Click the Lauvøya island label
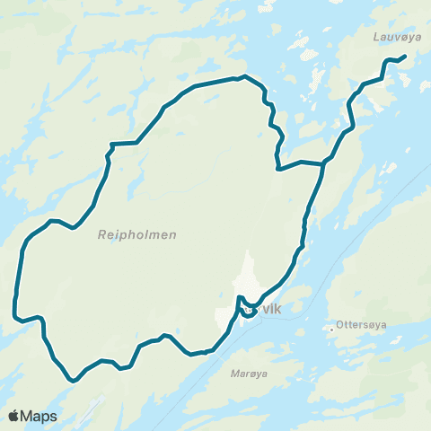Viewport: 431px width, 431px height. coord(391,38)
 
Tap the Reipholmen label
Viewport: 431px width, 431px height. coord(136,235)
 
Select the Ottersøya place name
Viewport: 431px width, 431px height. coord(360,325)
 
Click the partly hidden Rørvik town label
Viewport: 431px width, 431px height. coord(264,309)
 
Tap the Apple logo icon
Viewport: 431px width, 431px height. coord(13,416)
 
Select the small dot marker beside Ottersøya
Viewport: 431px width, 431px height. coord(332,330)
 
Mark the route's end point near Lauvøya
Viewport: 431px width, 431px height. coord(404,57)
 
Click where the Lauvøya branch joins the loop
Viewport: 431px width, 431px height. coord(323,163)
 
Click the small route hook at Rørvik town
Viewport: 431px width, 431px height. coord(240,299)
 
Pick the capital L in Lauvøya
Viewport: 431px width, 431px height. coord(375,38)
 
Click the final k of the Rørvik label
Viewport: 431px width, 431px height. coord(279,309)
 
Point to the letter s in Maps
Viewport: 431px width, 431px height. coord(54,417)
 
